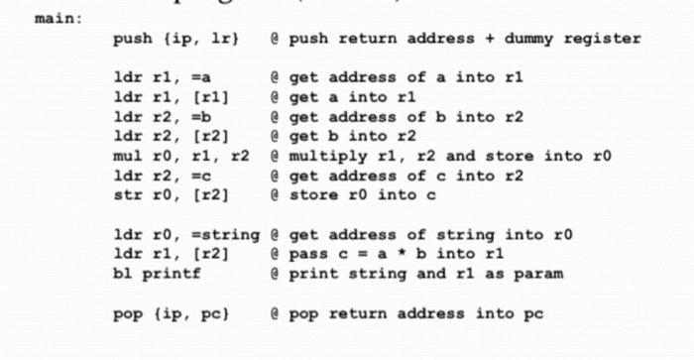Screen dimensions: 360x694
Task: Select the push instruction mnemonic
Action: click(x=133, y=39)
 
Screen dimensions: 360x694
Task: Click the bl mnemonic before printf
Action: click(x=123, y=275)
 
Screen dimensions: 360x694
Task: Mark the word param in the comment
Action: click(x=539, y=275)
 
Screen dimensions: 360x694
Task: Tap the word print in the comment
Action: click(x=307, y=275)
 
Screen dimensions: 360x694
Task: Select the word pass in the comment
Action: click(x=303, y=255)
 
